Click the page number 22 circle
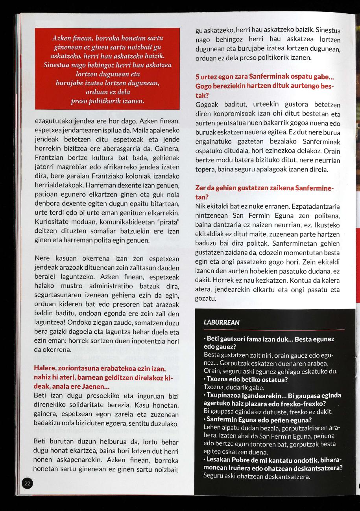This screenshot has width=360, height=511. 27,483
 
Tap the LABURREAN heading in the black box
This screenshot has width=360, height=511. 222,322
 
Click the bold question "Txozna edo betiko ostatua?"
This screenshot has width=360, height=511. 247,380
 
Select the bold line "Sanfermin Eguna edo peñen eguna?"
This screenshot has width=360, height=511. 258,420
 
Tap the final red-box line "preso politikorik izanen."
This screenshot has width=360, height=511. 107,101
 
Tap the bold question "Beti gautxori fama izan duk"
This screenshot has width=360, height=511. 252,339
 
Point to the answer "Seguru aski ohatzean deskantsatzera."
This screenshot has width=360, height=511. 257,476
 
